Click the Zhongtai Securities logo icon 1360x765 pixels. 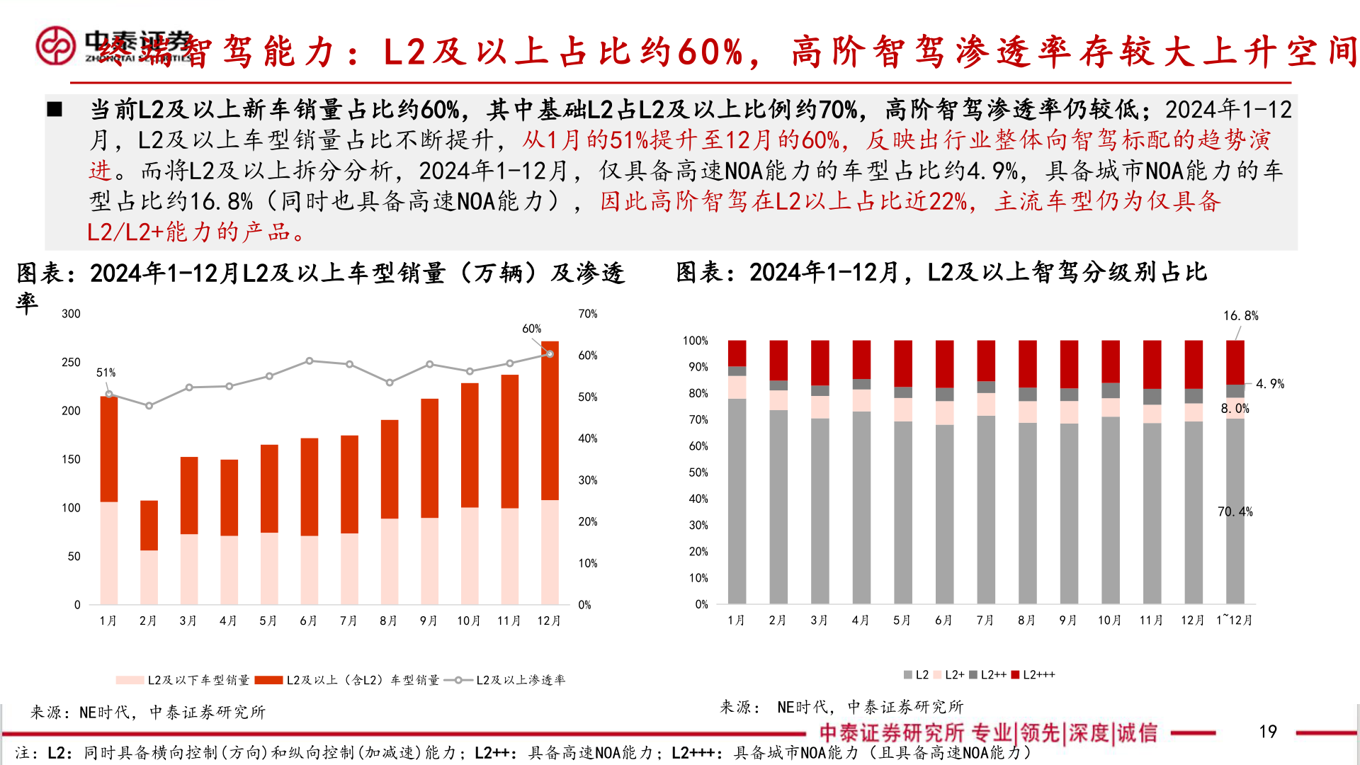(56, 45)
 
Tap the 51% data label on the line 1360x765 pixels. (106, 373)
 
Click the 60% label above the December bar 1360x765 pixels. (531, 329)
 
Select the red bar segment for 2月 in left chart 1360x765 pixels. (149, 525)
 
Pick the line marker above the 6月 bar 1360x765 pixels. (310, 361)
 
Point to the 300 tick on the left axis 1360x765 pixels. (71, 314)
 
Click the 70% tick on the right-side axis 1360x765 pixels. (588, 314)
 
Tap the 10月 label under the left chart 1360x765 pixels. (469, 621)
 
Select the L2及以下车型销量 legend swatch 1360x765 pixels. (130, 680)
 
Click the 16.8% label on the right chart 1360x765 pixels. (1240, 316)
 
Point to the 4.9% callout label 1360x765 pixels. (1269, 384)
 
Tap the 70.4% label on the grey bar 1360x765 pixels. (1235, 511)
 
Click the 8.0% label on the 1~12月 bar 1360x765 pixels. (1235, 409)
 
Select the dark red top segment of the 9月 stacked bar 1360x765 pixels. (1069, 364)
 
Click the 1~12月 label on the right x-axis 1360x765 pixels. (1235, 620)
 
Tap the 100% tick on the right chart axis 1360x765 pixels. (695, 341)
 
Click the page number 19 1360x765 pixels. (1267, 732)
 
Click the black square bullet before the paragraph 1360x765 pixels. (55, 110)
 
